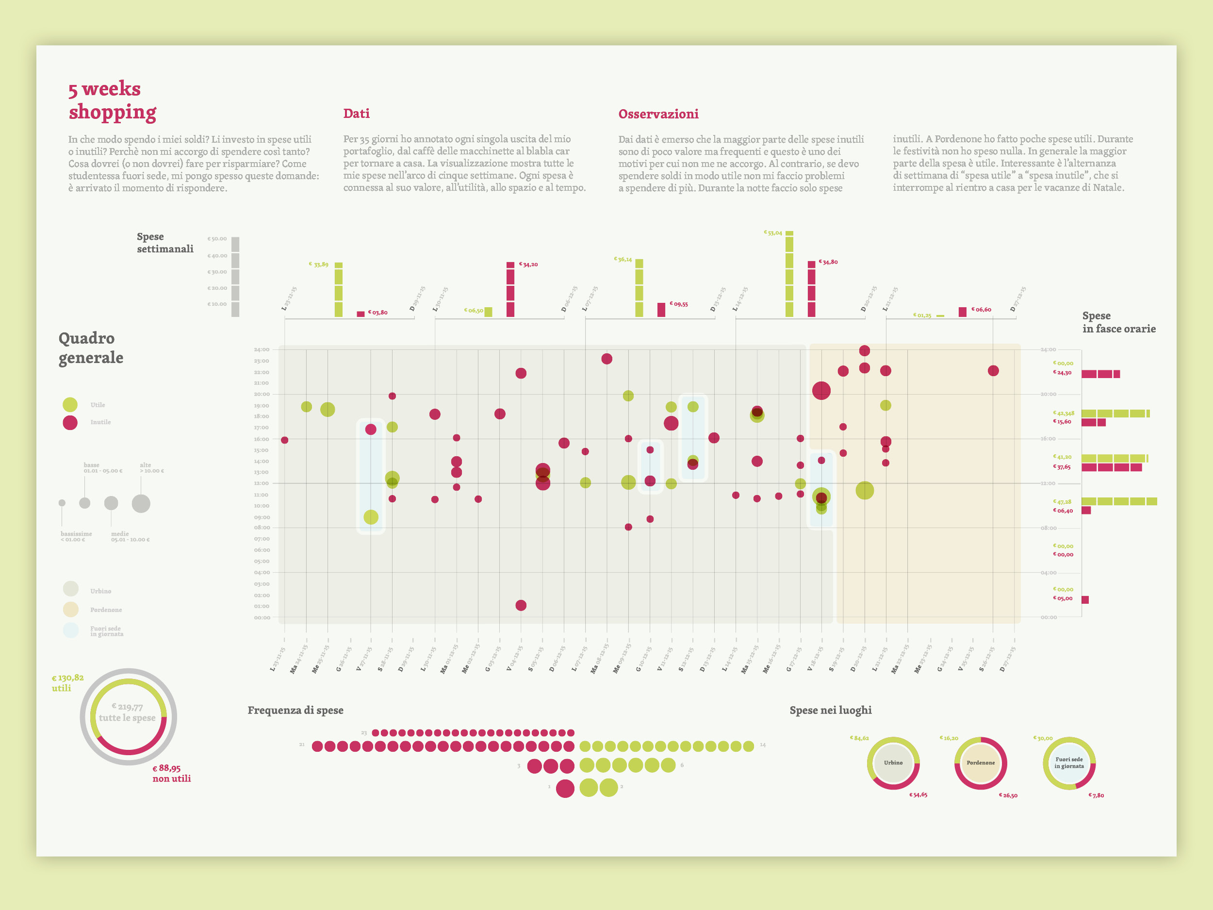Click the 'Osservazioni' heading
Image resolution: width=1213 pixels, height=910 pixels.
click(658, 114)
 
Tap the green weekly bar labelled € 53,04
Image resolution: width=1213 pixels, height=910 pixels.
click(789, 274)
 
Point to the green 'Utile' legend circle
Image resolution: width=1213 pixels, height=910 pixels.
click(70, 405)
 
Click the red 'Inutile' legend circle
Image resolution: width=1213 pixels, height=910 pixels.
click(70, 422)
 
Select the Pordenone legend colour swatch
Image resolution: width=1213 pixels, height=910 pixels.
click(71, 610)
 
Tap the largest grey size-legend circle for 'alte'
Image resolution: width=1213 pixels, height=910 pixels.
click(141, 503)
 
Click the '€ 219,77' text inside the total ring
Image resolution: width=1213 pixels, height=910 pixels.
click(127, 707)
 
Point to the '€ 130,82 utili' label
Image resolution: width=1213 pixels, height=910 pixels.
click(67, 683)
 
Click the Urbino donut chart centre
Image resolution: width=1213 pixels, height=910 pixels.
click(893, 763)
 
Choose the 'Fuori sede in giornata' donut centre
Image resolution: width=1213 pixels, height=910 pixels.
click(1069, 763)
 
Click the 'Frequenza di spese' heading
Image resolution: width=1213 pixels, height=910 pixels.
click(295, 711)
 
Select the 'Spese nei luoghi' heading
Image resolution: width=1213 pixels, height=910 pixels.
click(830, 711)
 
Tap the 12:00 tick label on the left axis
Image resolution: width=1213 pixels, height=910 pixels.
click(262, 483)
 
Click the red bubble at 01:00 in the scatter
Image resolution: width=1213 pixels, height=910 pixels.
click(521, 606)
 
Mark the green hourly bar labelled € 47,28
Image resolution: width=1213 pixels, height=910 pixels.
click(1119, 501)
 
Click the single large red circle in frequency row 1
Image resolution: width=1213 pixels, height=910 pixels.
click(565, 788)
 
